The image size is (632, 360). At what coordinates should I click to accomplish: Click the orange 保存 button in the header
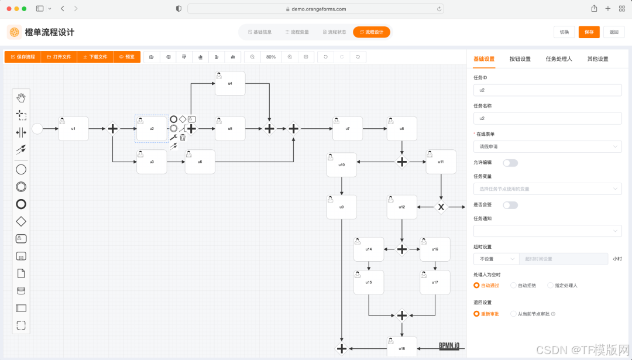pyautogui.click(x=589, y=32)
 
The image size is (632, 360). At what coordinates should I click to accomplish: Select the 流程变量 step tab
pyautogui.click(x=297, y=32)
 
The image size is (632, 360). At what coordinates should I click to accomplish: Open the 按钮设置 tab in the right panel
pyautogui.click(x=520, y=59)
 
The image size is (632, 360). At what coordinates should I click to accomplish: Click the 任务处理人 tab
pyautogui.click(x=559, y=59)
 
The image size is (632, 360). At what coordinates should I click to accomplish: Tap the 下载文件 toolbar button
pyautogui.click(x=95, y=57)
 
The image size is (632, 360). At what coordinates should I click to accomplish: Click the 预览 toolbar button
pyautogui.click(x=127, y=57)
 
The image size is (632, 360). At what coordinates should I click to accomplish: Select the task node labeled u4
pyautogui.click(x=230, y=83)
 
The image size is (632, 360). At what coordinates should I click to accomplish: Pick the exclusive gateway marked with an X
pyautogui.click(x=441, y=207)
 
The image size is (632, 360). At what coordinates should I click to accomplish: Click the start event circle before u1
pyautogui.click(x=37, y=128)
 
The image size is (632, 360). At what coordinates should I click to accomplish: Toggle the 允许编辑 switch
pyautogui.click(x=510, y=163)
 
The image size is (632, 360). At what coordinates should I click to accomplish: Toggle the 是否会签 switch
pyautogui.click(x=510, y=205)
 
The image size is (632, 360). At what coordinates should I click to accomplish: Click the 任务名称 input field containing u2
pyautogui.click(x=547, y=118)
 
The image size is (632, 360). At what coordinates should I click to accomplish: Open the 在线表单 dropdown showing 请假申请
pyautogui.click(x=547, y=146)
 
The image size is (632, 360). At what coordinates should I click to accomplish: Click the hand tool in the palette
pyautogui.click(x=21, y=97)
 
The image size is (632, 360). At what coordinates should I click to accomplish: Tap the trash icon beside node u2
pyautogui.click(x=183, y=138)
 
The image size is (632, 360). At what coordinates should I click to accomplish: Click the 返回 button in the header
pyautogui.click(x=613, y=32)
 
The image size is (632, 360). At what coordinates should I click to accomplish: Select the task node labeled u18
pyautogui.click(x=401, y=347)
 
